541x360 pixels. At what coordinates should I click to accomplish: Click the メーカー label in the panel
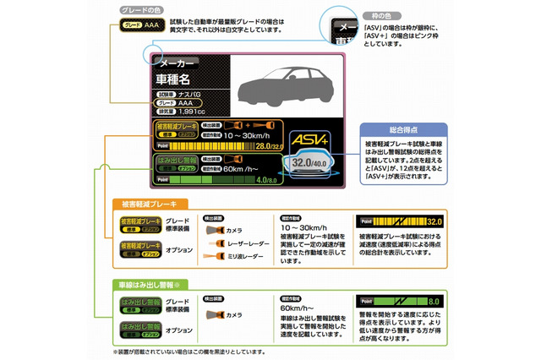177,63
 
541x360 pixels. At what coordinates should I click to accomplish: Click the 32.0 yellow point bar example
398,221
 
